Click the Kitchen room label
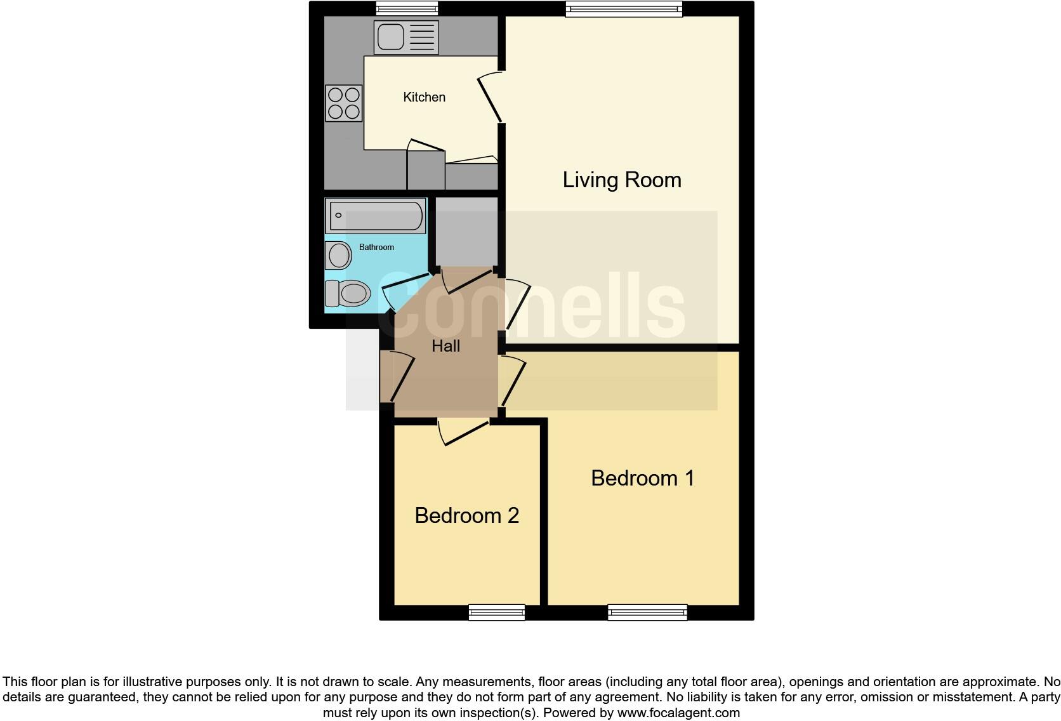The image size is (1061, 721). coord(424,97)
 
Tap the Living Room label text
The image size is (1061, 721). coord(622,180)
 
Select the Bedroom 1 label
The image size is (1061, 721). coord(642,478)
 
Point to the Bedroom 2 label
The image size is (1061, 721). coord(466,515)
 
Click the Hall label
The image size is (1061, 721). coord(445,346)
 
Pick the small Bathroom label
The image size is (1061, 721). coord(376,247)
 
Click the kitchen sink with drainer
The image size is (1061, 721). coord(406,37)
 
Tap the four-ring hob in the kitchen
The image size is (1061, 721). coord(343,103)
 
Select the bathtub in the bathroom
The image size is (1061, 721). coord(375,216)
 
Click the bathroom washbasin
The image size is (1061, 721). coord(339,255)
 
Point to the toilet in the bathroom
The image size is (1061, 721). coord(348,293)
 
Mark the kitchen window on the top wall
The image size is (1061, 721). coord(406,8)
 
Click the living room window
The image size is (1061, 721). coord(624,8)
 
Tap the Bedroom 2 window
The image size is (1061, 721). coord(496,612)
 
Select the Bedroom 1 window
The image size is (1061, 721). coord(647,612)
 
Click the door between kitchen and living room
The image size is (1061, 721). coord(491,97)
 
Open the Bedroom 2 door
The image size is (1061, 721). coord(463,432)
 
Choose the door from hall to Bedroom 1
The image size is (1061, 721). coord(513,381)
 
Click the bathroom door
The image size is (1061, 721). coord(406,289)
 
